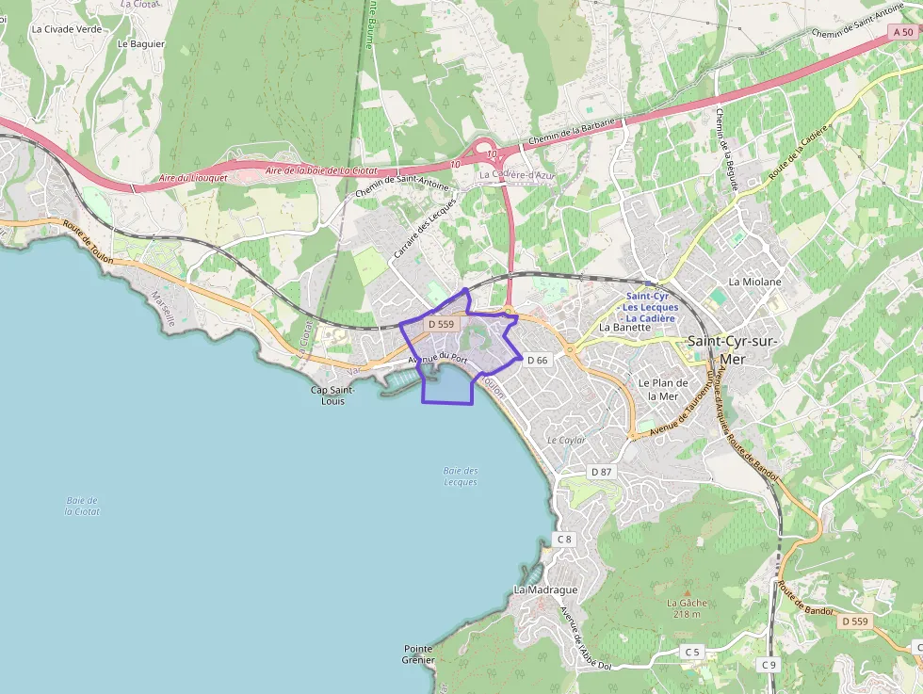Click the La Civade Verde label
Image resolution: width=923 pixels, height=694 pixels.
66,29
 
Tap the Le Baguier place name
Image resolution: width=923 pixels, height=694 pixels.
141,43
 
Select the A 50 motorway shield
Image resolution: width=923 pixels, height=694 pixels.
901,32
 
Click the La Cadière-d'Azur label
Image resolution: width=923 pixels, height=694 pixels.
518,174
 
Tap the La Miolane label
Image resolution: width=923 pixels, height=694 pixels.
754,282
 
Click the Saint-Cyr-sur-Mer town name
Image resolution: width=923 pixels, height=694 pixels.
733,348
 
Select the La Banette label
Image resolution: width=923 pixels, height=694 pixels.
625,328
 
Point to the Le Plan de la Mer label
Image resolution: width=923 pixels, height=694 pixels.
657,389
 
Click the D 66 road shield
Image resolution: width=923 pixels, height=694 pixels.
537,360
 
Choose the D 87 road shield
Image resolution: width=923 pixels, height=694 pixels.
600,471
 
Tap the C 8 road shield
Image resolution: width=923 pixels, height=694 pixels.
563,539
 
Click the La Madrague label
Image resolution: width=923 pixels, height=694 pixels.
545,589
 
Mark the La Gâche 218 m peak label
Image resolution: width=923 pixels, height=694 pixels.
687,608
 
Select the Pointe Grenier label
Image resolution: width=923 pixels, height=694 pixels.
418,654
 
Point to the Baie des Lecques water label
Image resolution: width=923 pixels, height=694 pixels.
460,476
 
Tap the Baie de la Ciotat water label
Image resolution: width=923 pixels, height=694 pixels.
82,506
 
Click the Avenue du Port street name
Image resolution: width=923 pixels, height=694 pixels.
439,359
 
